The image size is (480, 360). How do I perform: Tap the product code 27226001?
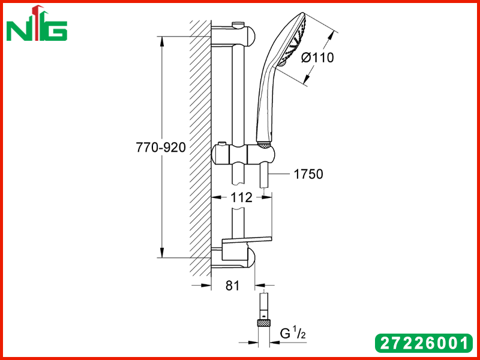[x=424, y=343]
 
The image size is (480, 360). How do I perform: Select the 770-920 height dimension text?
[x=161, y=148]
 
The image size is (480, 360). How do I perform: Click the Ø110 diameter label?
[x=317, y=58]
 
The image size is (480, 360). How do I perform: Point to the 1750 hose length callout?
[x=308, y=174]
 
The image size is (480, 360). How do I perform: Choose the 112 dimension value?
[x=241, y=198]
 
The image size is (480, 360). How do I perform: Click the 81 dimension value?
[x=233, y=286]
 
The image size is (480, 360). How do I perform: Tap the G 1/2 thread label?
[x=293, y=333]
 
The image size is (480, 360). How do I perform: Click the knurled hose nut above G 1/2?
[x=263, y=322]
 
